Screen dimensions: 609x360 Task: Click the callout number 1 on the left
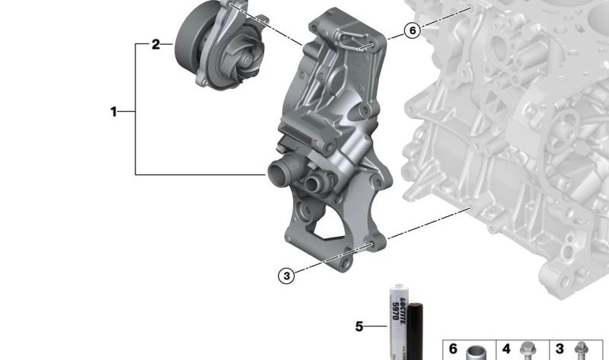[113, 112]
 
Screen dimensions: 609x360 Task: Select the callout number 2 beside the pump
[156, 44]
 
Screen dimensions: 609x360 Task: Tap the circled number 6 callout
[413, 30]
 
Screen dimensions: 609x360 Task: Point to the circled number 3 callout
[287, 276]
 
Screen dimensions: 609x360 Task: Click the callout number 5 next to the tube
[359, 327]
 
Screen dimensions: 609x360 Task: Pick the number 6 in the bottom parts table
[453, 349]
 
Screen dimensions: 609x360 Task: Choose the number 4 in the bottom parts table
[506, 349]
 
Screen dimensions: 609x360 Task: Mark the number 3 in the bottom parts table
[560, 349]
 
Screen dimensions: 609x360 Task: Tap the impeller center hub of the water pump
[246, 60]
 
